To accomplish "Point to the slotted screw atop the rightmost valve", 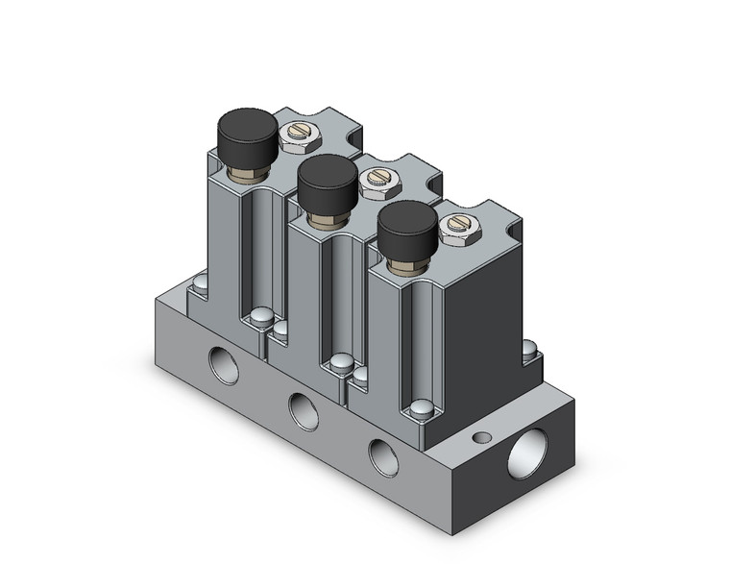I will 453,227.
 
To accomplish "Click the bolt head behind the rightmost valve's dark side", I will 529,351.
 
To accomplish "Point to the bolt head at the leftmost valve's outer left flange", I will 199,283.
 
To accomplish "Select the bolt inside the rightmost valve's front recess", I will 420,410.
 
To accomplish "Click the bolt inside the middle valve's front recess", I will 339,363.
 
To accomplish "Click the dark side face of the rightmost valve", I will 480,307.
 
